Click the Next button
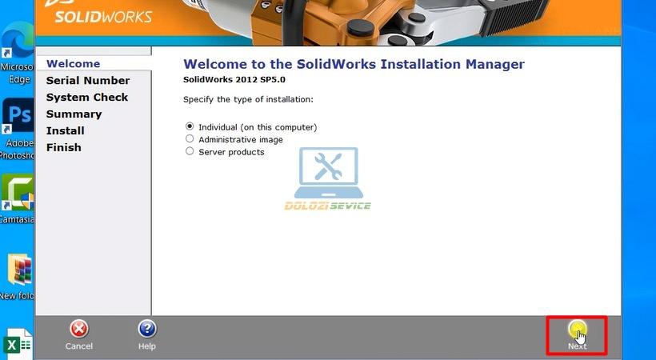click(578, 335)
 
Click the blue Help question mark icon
click(147, 329)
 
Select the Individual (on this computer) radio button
click(190, 126)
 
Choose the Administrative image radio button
click(190, 138)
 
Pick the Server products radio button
click(190, 151)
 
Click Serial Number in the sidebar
click(88, 80)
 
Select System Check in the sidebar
click(87, 97)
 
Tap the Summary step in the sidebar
click(74, 114)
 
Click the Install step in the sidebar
click(66, 130)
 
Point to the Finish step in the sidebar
click(63, 147)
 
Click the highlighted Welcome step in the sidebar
click(74, 64)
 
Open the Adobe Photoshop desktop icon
click(18, 115)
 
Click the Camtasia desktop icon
click(18, 193)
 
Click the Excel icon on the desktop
click(18, 344)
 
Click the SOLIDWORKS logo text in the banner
click(103, 17)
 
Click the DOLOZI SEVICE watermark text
click(327, 206)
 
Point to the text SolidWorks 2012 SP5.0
click(234, 79)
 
